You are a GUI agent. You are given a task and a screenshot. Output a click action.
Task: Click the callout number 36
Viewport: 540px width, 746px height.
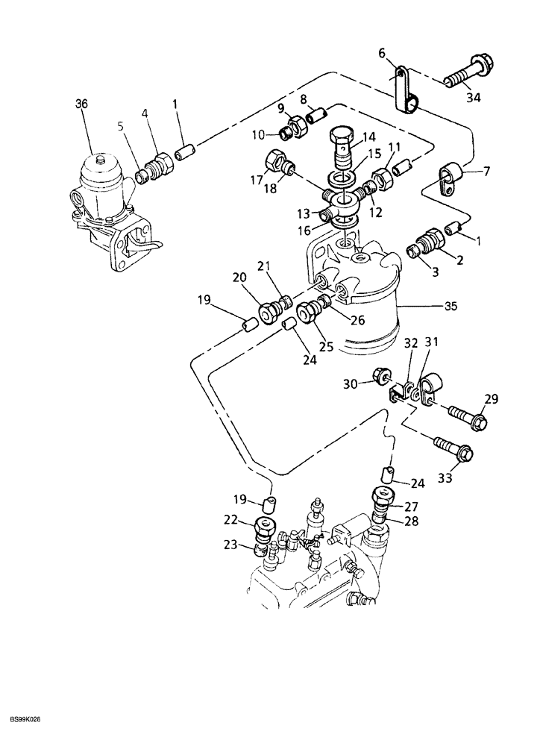(81, 104)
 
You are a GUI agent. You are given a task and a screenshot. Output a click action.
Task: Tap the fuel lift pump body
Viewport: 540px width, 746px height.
(108, 209)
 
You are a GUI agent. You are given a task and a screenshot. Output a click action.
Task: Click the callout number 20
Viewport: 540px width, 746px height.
(238, 277)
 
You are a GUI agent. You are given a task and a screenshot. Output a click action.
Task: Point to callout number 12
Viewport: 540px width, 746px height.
(376, 213)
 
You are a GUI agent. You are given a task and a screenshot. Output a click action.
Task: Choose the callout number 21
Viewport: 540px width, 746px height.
(265, 267)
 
